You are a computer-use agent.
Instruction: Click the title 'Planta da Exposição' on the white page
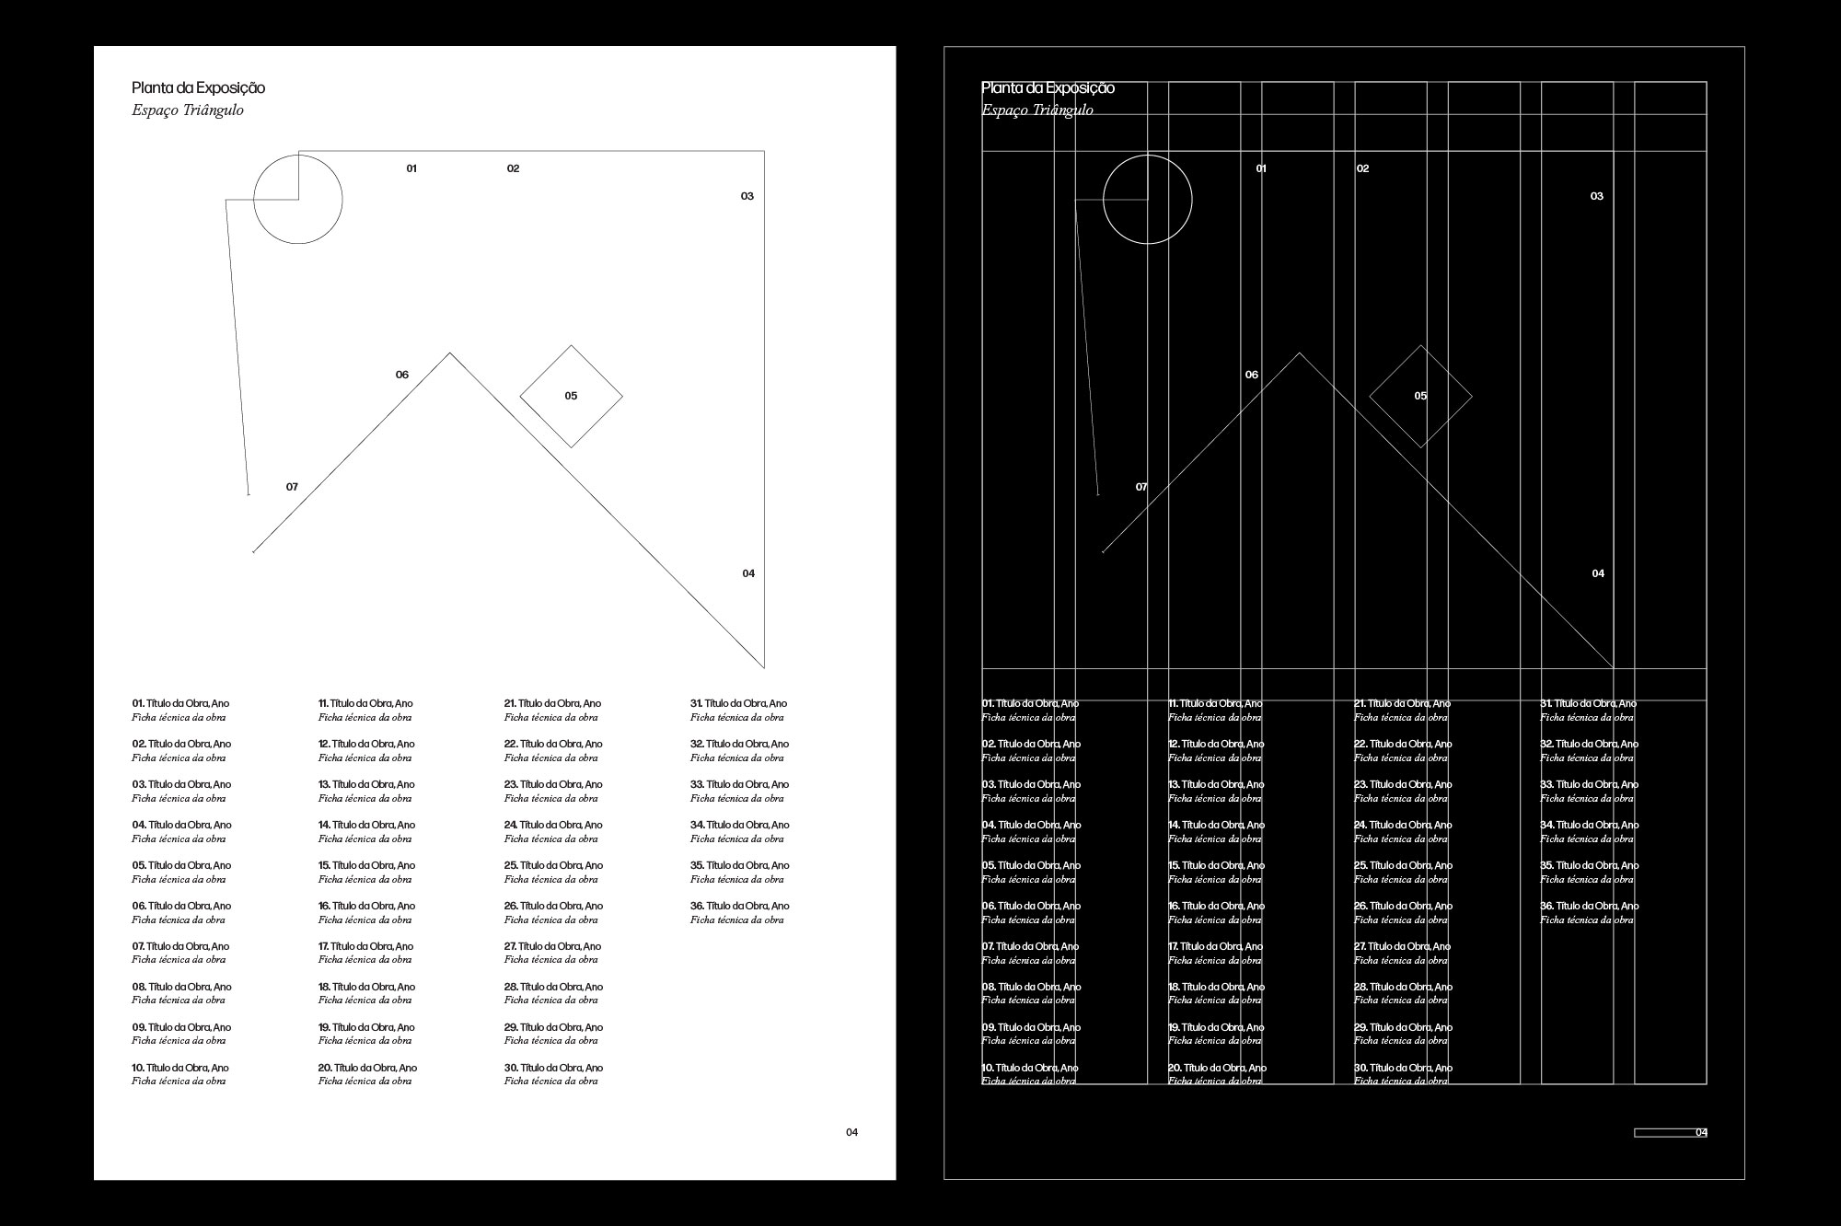pyautogui.click(x=198, y=88)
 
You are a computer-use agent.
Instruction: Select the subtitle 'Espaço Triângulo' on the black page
pyautogui.click(x=1037, y=110)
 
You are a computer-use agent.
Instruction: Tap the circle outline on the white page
pyautogui.click(x=342, y=199)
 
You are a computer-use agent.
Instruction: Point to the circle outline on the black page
pyautogui.click(x=1191, y=200)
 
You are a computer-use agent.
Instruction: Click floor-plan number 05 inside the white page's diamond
pyautogui.click(x=571, y=396)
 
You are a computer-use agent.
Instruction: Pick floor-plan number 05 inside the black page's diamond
pyautogui.click(x=1420, y=396)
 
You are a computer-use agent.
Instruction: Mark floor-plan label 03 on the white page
pyautogui.click(x=747, y=196)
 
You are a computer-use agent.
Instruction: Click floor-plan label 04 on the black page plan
pyautogui.click(x=1598, y=573)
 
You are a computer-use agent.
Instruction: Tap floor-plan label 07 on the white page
pyautogui.click(x=292, y=487)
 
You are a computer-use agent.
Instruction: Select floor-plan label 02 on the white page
pyautogui.click(x=513, y=168)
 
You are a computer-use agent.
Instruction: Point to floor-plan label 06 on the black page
pyautogui.click(x=1252, y=375)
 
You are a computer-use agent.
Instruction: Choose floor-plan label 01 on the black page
pyautogui.click(x=1261, y=168)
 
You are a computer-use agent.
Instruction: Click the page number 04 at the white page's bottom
pyautogui.click(x=851, y=1132)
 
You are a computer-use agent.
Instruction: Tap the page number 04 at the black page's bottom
pyautogui.click(x=1701, y=1132)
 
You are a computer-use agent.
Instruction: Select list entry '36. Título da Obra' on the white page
pyautogui.click(x=739, y=907)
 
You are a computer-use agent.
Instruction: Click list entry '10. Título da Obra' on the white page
pyautogui.click(x=180, y=1069)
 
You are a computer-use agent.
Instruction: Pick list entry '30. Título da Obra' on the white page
pyautogui.click(x=553, y=1069)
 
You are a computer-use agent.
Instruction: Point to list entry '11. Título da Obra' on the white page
pyautogui.click(x=365, y=704)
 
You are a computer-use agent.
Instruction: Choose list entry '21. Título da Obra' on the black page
pyautogui.click(x=1402, y=704)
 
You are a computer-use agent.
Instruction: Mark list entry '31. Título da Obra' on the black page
pyautogui.click(x=1588, y=704)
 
